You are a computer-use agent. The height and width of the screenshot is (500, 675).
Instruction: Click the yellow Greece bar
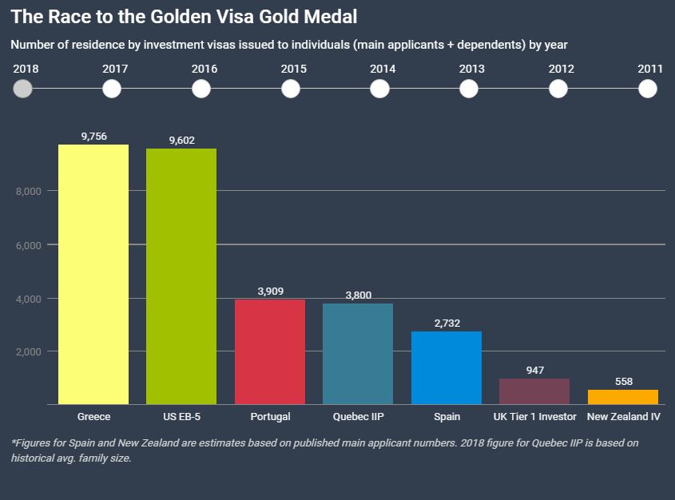point(93,274)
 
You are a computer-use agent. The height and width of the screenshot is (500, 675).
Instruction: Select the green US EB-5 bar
point(181,276)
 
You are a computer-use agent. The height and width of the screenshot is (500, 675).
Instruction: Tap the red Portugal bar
point(270,351)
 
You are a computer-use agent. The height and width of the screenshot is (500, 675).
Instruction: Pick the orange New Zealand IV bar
point(622,397)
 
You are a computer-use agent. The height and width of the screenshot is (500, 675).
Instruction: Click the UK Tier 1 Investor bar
point(534,391)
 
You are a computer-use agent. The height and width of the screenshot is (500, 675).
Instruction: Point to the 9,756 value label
point(93,137)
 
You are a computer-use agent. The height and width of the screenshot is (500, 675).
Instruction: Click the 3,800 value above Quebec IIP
point(358,295)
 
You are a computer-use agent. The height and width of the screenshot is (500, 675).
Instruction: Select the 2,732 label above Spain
point(446,323)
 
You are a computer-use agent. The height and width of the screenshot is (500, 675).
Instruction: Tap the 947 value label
point(534,371)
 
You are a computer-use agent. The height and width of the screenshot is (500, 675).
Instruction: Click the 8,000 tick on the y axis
point(29,191)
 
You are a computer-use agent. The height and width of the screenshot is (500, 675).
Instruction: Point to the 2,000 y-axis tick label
point(29,351)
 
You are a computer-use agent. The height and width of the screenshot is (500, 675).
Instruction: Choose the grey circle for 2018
point(23,88)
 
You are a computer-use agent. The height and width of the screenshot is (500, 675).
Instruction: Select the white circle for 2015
point(291,88)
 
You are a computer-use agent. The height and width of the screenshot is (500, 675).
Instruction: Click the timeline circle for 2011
point(648,88)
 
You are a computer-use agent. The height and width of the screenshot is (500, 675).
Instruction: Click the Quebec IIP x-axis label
point(358,417)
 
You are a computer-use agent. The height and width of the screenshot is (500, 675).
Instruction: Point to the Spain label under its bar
point(446,417)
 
